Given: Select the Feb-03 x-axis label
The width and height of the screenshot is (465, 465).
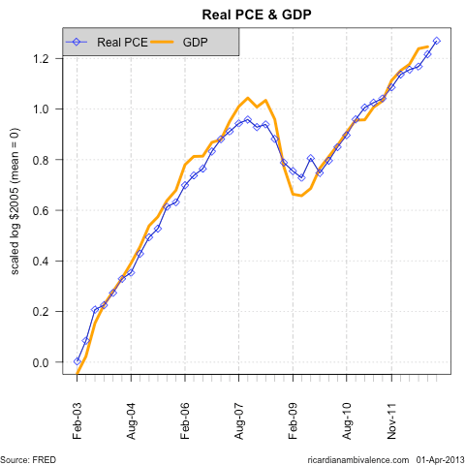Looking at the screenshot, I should point(77,414).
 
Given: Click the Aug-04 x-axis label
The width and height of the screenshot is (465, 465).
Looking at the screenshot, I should point(131,414).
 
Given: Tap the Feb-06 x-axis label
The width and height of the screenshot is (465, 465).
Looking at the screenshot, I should point(185,414).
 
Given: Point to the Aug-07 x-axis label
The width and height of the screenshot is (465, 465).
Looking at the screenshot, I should point(238,414).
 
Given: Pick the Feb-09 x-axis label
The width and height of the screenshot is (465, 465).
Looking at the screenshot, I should point(293,414).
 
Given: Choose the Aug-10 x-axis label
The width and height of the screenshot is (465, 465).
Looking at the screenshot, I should point(346,414).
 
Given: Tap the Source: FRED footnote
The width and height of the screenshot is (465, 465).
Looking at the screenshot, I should point(28,457).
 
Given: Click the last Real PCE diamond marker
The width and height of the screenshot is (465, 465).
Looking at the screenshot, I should point(437,41).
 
